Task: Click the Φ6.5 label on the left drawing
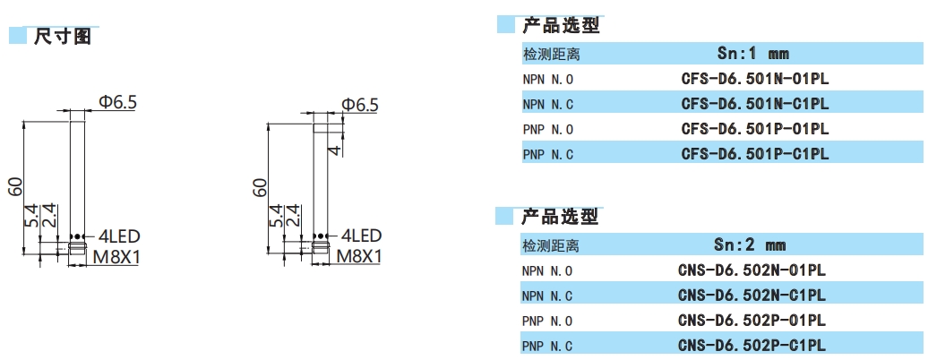[x=117, y=103]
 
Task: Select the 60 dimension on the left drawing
[x=15, y=186]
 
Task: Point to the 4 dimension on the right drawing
[x=334, y=149]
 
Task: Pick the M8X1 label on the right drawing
[x=359, y=257]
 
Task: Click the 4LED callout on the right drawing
[x=359, y=236]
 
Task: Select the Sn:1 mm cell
[x=753, y=54]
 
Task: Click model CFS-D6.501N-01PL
[x=754, y=79]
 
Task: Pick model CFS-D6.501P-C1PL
[x=754, y=154]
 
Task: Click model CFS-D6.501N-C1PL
[x=754, y=104]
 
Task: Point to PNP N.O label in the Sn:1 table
[x=547, y=130]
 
